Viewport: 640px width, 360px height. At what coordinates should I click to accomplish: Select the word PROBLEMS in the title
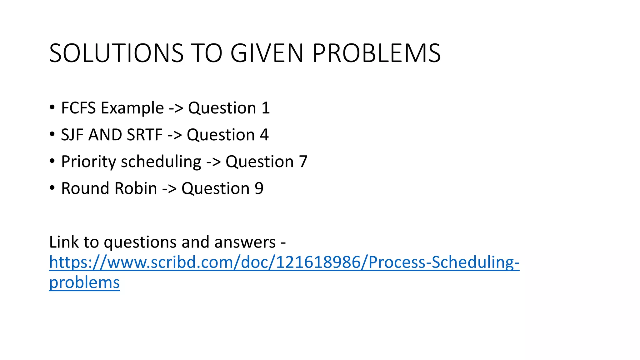point(377,53)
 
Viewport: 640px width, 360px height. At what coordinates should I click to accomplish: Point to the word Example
point(132,108)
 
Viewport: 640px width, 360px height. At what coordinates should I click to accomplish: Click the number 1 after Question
point(266,108)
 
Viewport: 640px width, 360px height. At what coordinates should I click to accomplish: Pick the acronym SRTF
point(145,135)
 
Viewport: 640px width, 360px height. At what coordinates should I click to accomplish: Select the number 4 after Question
point(264,135)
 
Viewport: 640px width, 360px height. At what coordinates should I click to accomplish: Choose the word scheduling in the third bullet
point(161,162)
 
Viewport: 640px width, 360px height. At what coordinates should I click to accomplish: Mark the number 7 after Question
point(303,162)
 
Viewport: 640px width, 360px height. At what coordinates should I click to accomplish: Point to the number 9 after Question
point(259,188)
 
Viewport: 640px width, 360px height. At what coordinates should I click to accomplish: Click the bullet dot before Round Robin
point(52,188)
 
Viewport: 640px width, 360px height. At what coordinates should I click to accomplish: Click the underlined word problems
point(84,282)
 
